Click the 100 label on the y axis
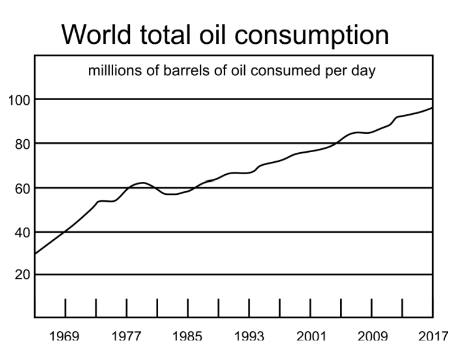17,100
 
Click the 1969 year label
65,337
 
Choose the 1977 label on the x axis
127,337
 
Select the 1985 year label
188,337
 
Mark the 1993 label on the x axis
249,337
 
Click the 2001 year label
310,337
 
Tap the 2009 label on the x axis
371,337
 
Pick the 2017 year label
433,337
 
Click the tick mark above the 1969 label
66,307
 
